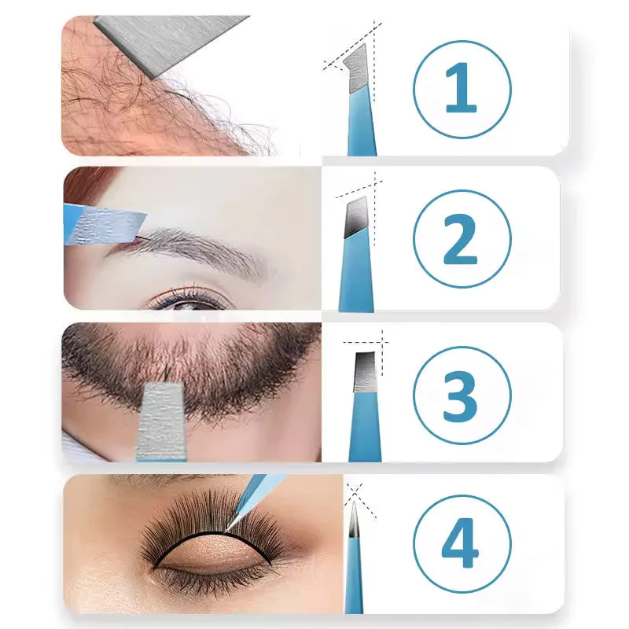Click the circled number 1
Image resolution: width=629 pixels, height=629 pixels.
point(462,89)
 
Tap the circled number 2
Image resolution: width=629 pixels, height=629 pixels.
point(462,237)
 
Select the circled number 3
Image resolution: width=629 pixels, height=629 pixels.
point(462,394)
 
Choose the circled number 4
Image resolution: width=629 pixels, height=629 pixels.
point(462,543)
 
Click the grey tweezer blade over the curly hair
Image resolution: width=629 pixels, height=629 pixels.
point(169,43)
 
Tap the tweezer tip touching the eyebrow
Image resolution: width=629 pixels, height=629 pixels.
point(110,224)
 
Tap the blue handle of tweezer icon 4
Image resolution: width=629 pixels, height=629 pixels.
point(354,582)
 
